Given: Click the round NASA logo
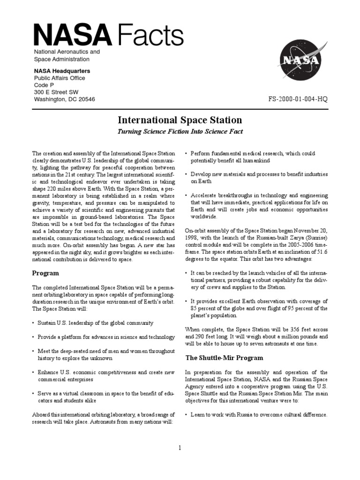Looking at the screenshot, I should coord(301,60).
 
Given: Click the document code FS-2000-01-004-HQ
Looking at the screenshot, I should coord(298,99).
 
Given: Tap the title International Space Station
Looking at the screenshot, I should coord(180,120).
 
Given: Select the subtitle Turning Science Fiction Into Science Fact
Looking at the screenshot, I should coord(180,132).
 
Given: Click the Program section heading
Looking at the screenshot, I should coord(45,273).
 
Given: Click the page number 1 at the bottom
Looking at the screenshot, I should coord(180,448).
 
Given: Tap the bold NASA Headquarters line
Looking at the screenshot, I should coord(62,71).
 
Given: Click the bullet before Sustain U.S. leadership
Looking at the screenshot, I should coord(33,323).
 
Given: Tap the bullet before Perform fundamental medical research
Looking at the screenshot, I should coord(187,154).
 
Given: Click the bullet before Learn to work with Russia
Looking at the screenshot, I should coord(187,415).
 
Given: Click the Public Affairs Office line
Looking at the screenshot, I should coord(59,78).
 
